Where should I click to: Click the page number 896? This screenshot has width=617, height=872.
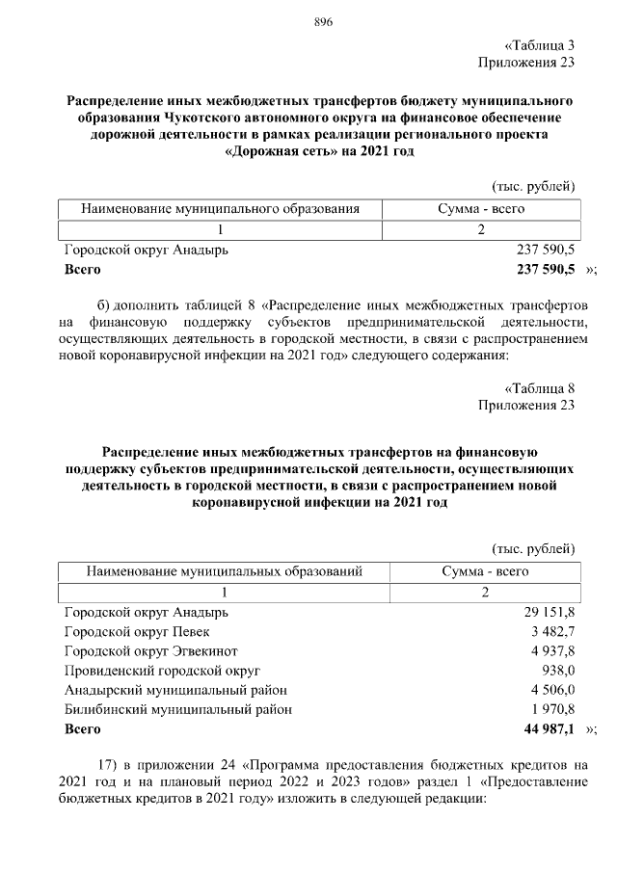pyautogui.click(x=324, y=24)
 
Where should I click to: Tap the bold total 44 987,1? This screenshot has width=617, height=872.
pyautogui.click(x=548, y=729)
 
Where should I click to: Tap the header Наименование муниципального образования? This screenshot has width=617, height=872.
pyautogui.click(x=221, y=208)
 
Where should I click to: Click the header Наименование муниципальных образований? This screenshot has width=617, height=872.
pyautogui.click(x=224, y=571)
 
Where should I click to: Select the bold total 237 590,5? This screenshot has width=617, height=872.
pyautogui.click(x=546, y=269)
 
